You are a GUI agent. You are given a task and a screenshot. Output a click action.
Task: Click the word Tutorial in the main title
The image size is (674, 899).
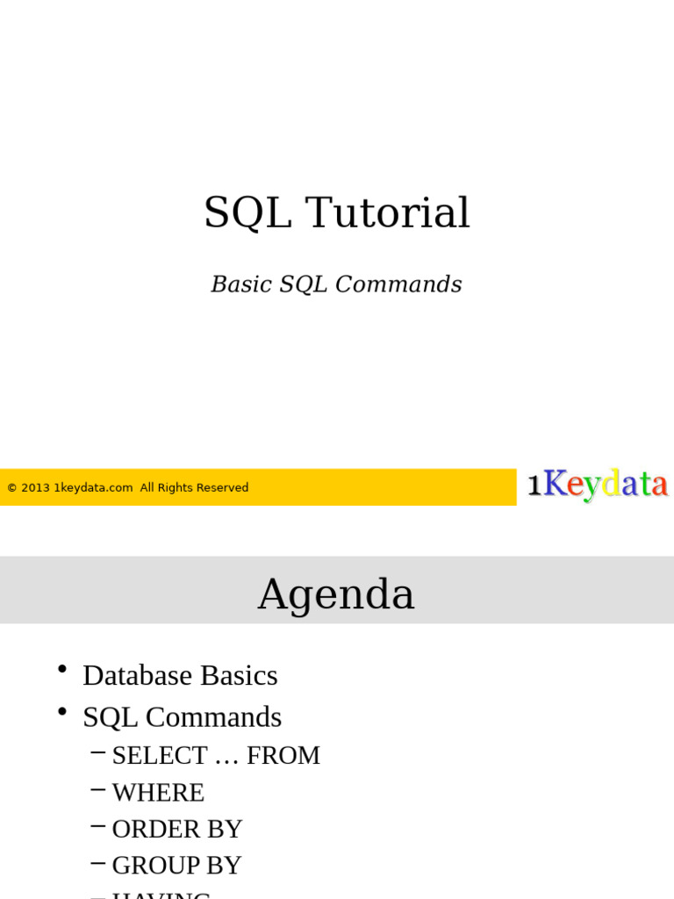click(387, 213)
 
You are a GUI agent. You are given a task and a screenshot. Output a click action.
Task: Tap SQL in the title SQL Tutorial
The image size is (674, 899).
click(247, 213)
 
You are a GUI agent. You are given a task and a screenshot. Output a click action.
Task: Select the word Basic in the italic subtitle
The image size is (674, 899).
click(240, 284)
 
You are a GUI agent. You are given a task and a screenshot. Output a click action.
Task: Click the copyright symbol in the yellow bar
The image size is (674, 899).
click(12, 488)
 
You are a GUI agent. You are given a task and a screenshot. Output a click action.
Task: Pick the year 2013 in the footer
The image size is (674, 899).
click(36, 488)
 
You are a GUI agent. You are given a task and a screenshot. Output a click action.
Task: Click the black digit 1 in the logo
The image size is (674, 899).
click(534, 485)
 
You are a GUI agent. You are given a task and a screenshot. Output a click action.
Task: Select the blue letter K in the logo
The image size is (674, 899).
click(555, 484)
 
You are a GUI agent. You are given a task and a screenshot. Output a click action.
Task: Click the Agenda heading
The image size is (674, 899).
click(336, 594)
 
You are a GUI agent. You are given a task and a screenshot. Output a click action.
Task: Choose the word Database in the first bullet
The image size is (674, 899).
click(138, 675)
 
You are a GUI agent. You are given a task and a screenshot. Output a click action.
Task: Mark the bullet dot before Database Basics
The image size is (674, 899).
click(62, 671)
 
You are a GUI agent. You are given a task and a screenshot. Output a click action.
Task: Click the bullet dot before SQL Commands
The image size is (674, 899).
click(62, 713)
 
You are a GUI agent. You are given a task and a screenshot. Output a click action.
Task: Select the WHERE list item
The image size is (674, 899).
click(158, 793)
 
